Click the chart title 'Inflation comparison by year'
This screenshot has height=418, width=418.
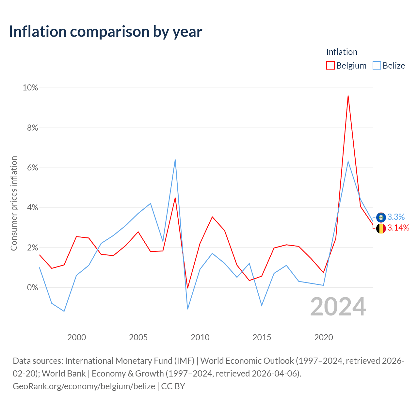point(105,32)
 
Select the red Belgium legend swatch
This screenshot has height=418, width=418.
point(330,65)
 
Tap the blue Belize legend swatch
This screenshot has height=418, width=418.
point(377,65)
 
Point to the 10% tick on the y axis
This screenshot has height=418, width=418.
point(30,88)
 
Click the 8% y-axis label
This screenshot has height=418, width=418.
point(33,128)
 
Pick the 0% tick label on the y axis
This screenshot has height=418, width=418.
point(33,287)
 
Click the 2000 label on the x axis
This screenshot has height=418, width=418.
point(76,337)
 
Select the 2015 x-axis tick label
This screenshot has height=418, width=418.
point(262,337)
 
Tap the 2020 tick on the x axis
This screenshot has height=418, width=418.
point(323,337)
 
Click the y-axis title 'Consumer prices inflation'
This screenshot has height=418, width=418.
point(14,203)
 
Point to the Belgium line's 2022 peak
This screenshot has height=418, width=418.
point(348,96)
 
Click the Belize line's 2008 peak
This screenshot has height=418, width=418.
point(175,160)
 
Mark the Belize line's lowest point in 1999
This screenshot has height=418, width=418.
point(64,311)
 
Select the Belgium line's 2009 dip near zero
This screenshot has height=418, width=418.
point(188,288)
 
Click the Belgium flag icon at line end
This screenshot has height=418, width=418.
point(381,228)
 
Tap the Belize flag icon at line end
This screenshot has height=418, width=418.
point(381,217)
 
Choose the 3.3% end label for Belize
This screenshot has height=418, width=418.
point(396,217)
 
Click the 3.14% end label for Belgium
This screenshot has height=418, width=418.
point(398,228)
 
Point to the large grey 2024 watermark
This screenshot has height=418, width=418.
point(338,307)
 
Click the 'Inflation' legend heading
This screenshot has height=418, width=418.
point(342,52)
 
